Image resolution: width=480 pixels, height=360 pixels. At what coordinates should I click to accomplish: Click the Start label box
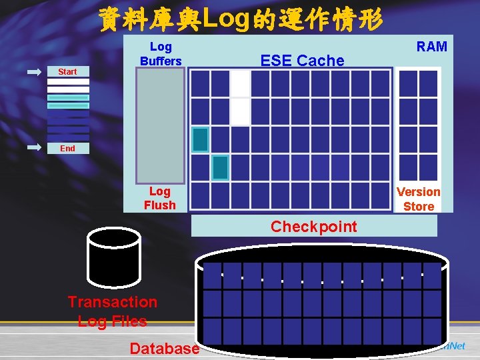(67, 71)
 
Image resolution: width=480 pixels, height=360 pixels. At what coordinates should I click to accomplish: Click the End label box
(67, 148)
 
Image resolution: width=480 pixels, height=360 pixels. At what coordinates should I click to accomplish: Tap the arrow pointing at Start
(35, 71)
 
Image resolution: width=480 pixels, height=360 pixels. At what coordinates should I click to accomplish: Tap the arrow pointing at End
(35, 148)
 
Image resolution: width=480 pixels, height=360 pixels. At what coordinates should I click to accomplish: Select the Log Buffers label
(161, 53)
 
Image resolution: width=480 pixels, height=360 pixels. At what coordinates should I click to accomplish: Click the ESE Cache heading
(302, 61)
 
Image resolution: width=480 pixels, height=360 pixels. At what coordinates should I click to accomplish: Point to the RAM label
(431, 46)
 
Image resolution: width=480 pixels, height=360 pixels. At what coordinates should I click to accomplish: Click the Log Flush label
(160, 198)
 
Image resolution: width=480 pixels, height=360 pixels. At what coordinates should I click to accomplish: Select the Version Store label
(419, 199)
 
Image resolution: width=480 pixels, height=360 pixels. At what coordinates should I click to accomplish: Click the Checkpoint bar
(314, 226)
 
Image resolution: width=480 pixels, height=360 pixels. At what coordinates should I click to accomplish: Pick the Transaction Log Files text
(112, 311)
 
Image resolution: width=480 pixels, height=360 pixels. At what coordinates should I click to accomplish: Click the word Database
(164, 348)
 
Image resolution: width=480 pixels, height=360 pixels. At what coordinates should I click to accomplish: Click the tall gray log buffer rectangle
(160, 124)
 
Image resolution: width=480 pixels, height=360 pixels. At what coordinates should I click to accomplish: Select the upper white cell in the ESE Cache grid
(240, 84)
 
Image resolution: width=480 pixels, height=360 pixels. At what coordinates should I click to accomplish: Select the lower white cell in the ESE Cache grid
(240, 111)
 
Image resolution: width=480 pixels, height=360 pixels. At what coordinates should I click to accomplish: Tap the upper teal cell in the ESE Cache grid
(200, 139)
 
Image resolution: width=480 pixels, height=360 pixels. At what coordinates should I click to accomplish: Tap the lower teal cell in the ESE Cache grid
(220, 167)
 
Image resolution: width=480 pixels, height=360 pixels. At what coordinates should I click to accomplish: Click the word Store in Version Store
(419, 206)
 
